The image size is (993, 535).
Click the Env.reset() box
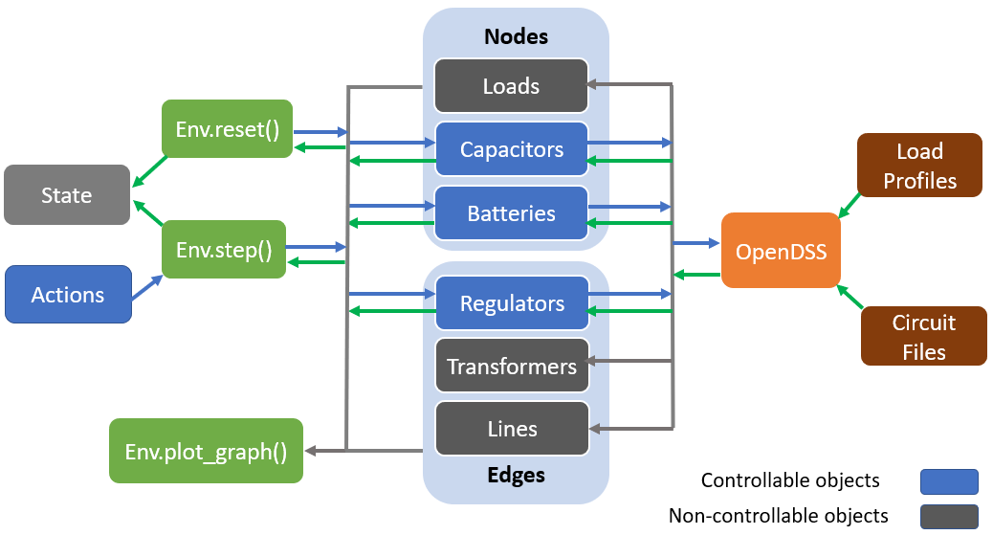pos(228,128)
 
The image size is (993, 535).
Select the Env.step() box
pos(224,249)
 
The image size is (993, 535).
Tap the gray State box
pos(67,194)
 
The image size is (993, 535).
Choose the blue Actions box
pos(68,294)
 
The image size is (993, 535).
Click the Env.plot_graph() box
pos(206,451)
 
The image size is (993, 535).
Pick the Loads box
pos(511,85)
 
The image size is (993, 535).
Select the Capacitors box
pos(512,149)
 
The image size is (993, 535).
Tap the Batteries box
pos(512,213)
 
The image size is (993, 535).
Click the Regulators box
pos(513,303)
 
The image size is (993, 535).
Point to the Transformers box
pos(513,366)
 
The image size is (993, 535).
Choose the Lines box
pos(513,429)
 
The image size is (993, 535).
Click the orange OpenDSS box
pos(781,251)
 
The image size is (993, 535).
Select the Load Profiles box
pos(919,166)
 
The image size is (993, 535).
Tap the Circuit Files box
pos(924,337)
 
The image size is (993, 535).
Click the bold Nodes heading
pos(517,36)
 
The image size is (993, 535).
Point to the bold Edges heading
pos(517,475)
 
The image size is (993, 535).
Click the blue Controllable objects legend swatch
pos(949,481)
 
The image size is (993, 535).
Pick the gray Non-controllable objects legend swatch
pos(949,517)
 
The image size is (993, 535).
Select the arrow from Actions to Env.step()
pos(147,286)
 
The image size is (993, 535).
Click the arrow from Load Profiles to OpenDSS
pos(850,206)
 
